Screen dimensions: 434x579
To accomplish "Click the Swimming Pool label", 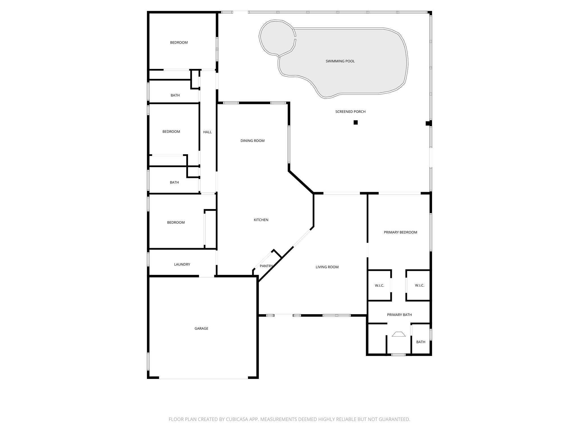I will tap(340, 61).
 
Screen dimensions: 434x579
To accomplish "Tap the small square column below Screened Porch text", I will tap(356, 122).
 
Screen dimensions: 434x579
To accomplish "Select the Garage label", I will tap(201, 328).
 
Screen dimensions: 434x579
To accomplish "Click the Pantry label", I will tap(266, 266).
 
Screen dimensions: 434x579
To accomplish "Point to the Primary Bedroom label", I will tap(400, 232).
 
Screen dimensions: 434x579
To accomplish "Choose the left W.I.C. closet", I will tap(379, 285).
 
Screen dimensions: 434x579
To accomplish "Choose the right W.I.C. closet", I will tap(420, 285).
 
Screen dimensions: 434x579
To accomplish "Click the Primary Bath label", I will tap(399, 315).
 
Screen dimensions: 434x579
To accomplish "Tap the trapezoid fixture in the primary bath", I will tap(399, 334).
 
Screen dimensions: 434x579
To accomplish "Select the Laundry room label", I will tap(182, 264).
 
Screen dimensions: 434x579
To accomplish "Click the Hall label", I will tap(207, 132).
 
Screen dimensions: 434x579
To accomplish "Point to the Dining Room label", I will tap(252, 141).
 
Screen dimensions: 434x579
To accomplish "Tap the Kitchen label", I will tap(261, 220).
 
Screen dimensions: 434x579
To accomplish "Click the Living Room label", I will tap(327, 267).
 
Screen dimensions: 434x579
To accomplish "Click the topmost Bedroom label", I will tap(179, 42).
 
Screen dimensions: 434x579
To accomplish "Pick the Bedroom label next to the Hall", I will tap(171, 132).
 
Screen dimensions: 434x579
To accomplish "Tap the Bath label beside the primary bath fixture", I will tap(421, 342).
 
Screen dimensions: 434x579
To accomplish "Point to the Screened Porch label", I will tap(350, 112).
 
